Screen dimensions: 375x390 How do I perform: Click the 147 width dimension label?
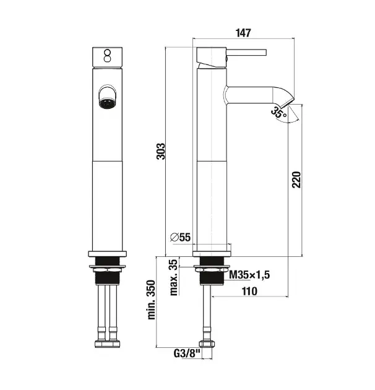point(243,33)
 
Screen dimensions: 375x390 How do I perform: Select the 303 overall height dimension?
point(161,151)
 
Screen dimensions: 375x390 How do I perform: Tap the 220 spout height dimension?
point(296,180)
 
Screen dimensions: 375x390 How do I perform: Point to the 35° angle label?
point(278,112)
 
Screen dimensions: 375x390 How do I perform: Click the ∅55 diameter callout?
point(180,237)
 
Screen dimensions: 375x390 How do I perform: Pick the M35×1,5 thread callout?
point(249,275)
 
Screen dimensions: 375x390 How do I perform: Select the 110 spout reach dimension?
point(249,291)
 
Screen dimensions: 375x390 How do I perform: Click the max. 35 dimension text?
point(173,277)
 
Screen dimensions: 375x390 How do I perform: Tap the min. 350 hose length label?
point(151,300)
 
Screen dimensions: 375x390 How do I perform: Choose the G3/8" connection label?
point(187,353)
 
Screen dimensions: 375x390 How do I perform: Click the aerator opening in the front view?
point(107,104)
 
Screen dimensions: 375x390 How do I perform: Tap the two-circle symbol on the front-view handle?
point(108,56)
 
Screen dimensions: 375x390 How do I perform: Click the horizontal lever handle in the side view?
point(246,53)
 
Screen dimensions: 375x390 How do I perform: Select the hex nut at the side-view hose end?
point(207,344)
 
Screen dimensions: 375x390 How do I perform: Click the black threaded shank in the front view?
point(108,271)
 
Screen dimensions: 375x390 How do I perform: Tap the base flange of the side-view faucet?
point(212,254)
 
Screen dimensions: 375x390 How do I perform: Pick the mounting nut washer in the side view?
point(212,269)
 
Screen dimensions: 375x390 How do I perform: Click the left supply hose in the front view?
point(102,313)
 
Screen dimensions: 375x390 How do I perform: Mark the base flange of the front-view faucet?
point(108,254)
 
